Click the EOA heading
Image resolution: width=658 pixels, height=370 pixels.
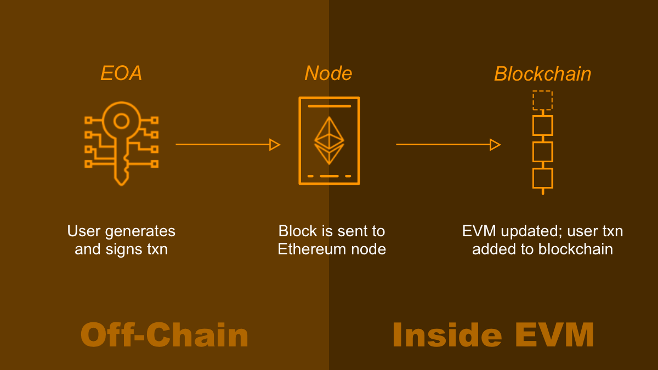(121, 73)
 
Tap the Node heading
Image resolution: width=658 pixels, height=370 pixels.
(328, 73)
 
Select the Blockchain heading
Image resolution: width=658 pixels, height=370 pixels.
(542, 74)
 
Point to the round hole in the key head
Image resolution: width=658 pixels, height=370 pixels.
(121, 121)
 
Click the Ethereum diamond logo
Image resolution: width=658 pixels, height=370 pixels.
(329, 140)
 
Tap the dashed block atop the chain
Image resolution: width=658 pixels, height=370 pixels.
(542, 100)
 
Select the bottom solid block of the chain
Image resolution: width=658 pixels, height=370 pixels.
(542, 178)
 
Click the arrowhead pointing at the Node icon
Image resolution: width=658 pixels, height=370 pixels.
(275, 145)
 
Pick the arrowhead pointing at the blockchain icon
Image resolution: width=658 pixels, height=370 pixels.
(495, 145)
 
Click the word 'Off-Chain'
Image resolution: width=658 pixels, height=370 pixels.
(164, 335)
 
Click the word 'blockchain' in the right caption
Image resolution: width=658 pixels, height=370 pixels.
(575, 249)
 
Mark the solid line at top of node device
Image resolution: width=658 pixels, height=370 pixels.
(329, 106)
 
